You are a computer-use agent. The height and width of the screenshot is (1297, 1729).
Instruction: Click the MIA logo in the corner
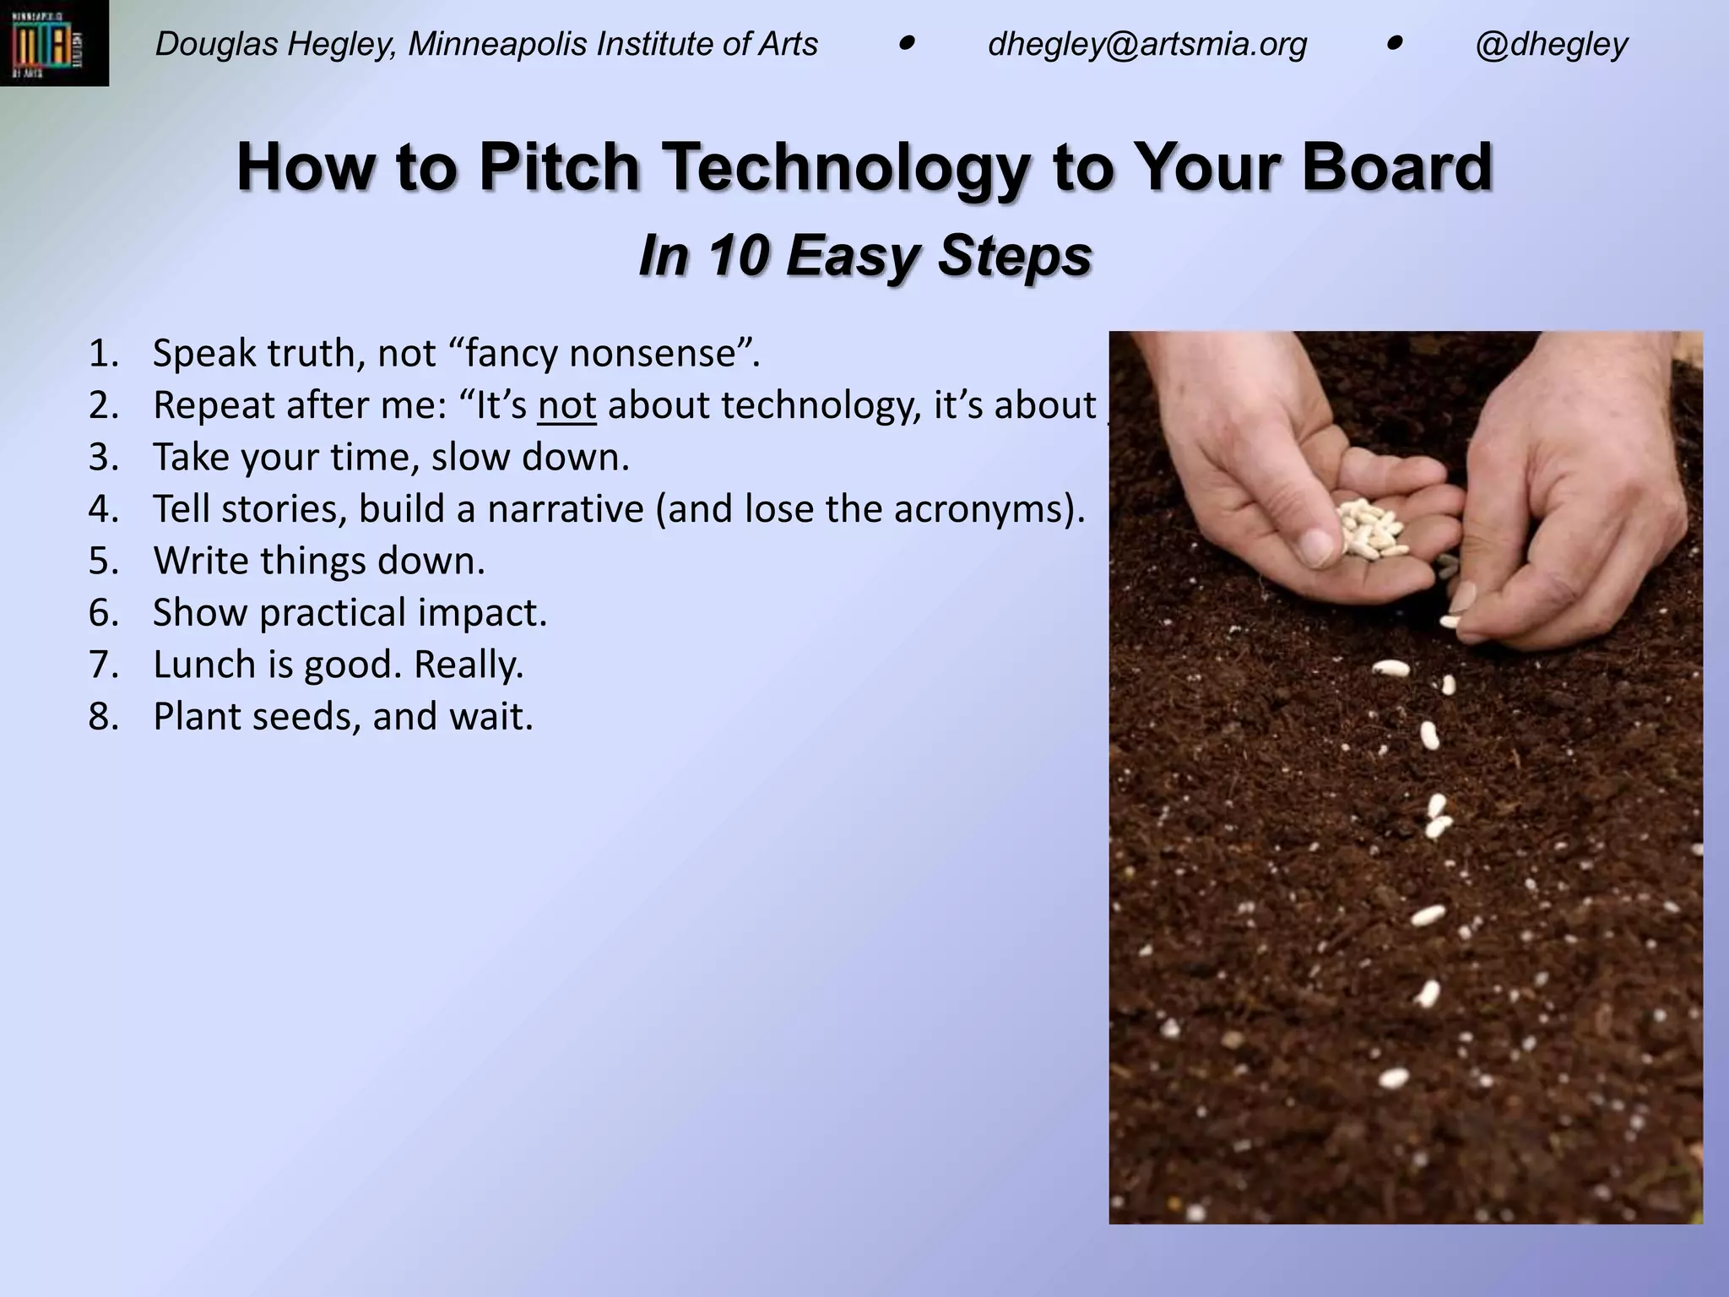[x=53, y=42]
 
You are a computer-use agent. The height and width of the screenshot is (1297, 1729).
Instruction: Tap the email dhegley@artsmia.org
[x=1146, y=44]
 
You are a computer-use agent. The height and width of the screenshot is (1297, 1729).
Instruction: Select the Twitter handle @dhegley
[x=1551, y=44]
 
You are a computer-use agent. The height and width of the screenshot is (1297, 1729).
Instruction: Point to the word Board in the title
[x=1396, y=166]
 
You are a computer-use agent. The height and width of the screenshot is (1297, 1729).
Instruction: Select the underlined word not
[x=566, y=405]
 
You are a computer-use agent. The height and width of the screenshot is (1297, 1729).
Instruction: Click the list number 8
[x=103, y=717]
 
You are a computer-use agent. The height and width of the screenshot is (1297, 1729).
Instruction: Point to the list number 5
[x=103, y=562]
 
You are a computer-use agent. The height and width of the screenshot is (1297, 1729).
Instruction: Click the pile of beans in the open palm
[x=1371, y=527]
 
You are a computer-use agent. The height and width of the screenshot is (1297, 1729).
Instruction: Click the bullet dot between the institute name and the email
[x=907, y=42]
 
